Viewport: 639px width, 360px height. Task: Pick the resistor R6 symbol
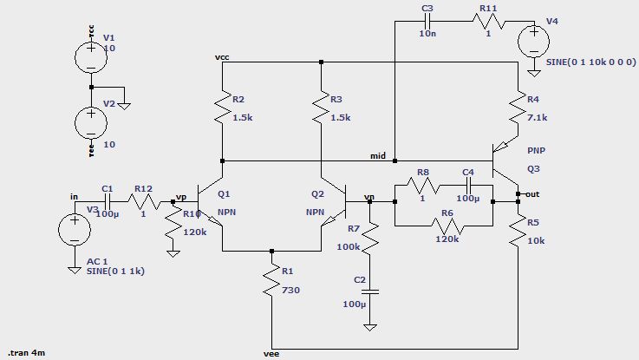click(443, 226)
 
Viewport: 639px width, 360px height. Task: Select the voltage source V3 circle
click(73, 231)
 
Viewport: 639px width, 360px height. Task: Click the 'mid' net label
click(377, 155)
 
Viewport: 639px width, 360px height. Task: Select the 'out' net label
click(531, 194)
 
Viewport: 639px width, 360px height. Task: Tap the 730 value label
click(290, 291)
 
